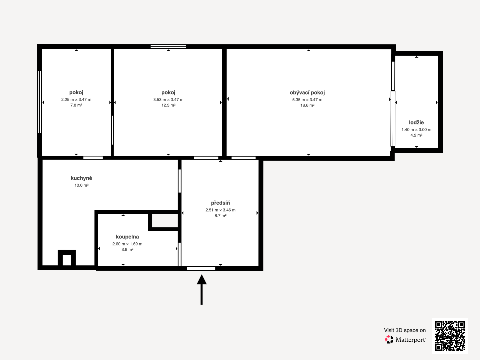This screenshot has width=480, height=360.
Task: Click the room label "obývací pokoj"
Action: pos(307,93)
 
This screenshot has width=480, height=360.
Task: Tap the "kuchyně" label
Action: pos(81,178)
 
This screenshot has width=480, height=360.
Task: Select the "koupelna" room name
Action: pos(127,237)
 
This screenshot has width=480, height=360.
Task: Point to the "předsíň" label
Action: pos(220,203)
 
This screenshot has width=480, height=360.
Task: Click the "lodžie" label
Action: pos(416,122)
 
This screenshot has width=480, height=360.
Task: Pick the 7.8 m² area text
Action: pos(76,105)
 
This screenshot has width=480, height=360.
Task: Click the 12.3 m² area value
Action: pos(168,105)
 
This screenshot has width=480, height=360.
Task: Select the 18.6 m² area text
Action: pos(307,105)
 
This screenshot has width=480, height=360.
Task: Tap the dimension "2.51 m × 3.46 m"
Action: pos(220,210)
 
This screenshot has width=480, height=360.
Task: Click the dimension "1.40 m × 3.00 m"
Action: pos(416,130)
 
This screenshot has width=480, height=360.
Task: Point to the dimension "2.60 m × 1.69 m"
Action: pos(127,244)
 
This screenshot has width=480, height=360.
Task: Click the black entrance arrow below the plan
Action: pos(202,289)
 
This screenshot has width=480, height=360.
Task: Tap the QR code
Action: pos(450,336)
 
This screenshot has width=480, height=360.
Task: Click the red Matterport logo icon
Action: pos(389,340)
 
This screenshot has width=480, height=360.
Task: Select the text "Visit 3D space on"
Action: pos(405,330)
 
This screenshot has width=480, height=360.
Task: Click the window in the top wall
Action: pos(168,46)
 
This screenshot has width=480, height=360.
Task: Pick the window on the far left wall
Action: pos(40,102)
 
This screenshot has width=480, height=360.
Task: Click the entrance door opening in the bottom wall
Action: pos(201,268)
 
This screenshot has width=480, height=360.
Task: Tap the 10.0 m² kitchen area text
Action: pos(81,185)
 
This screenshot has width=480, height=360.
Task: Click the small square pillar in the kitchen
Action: pos(67,258)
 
